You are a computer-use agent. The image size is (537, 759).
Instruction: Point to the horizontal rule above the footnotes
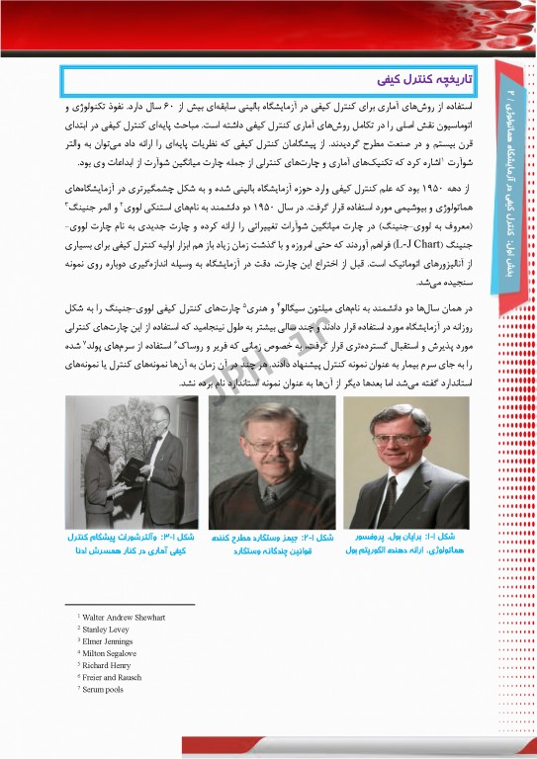pyautogui.click(x=129, y=604)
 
